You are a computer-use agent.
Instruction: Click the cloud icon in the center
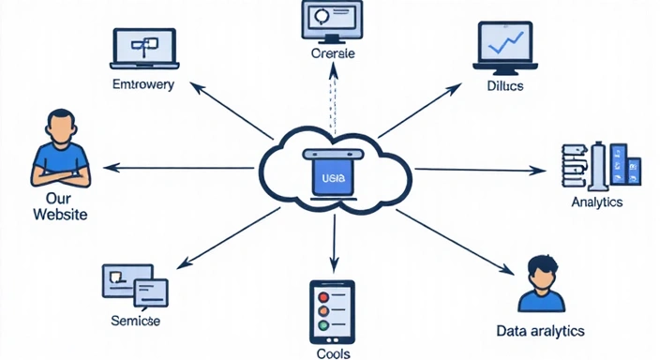[x=333, y=172]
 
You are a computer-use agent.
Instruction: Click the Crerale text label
[x=333, y=55]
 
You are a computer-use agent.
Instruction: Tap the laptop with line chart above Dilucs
[x=505, y=47]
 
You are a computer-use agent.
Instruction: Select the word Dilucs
[x=505, y=86]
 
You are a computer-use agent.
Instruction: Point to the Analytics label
[x=597, y=202]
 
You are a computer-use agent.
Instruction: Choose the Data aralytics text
[x=540, y=331]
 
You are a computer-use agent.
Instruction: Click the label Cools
[x=332, y=353]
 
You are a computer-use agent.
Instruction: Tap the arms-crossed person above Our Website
[x=58, y=150]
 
